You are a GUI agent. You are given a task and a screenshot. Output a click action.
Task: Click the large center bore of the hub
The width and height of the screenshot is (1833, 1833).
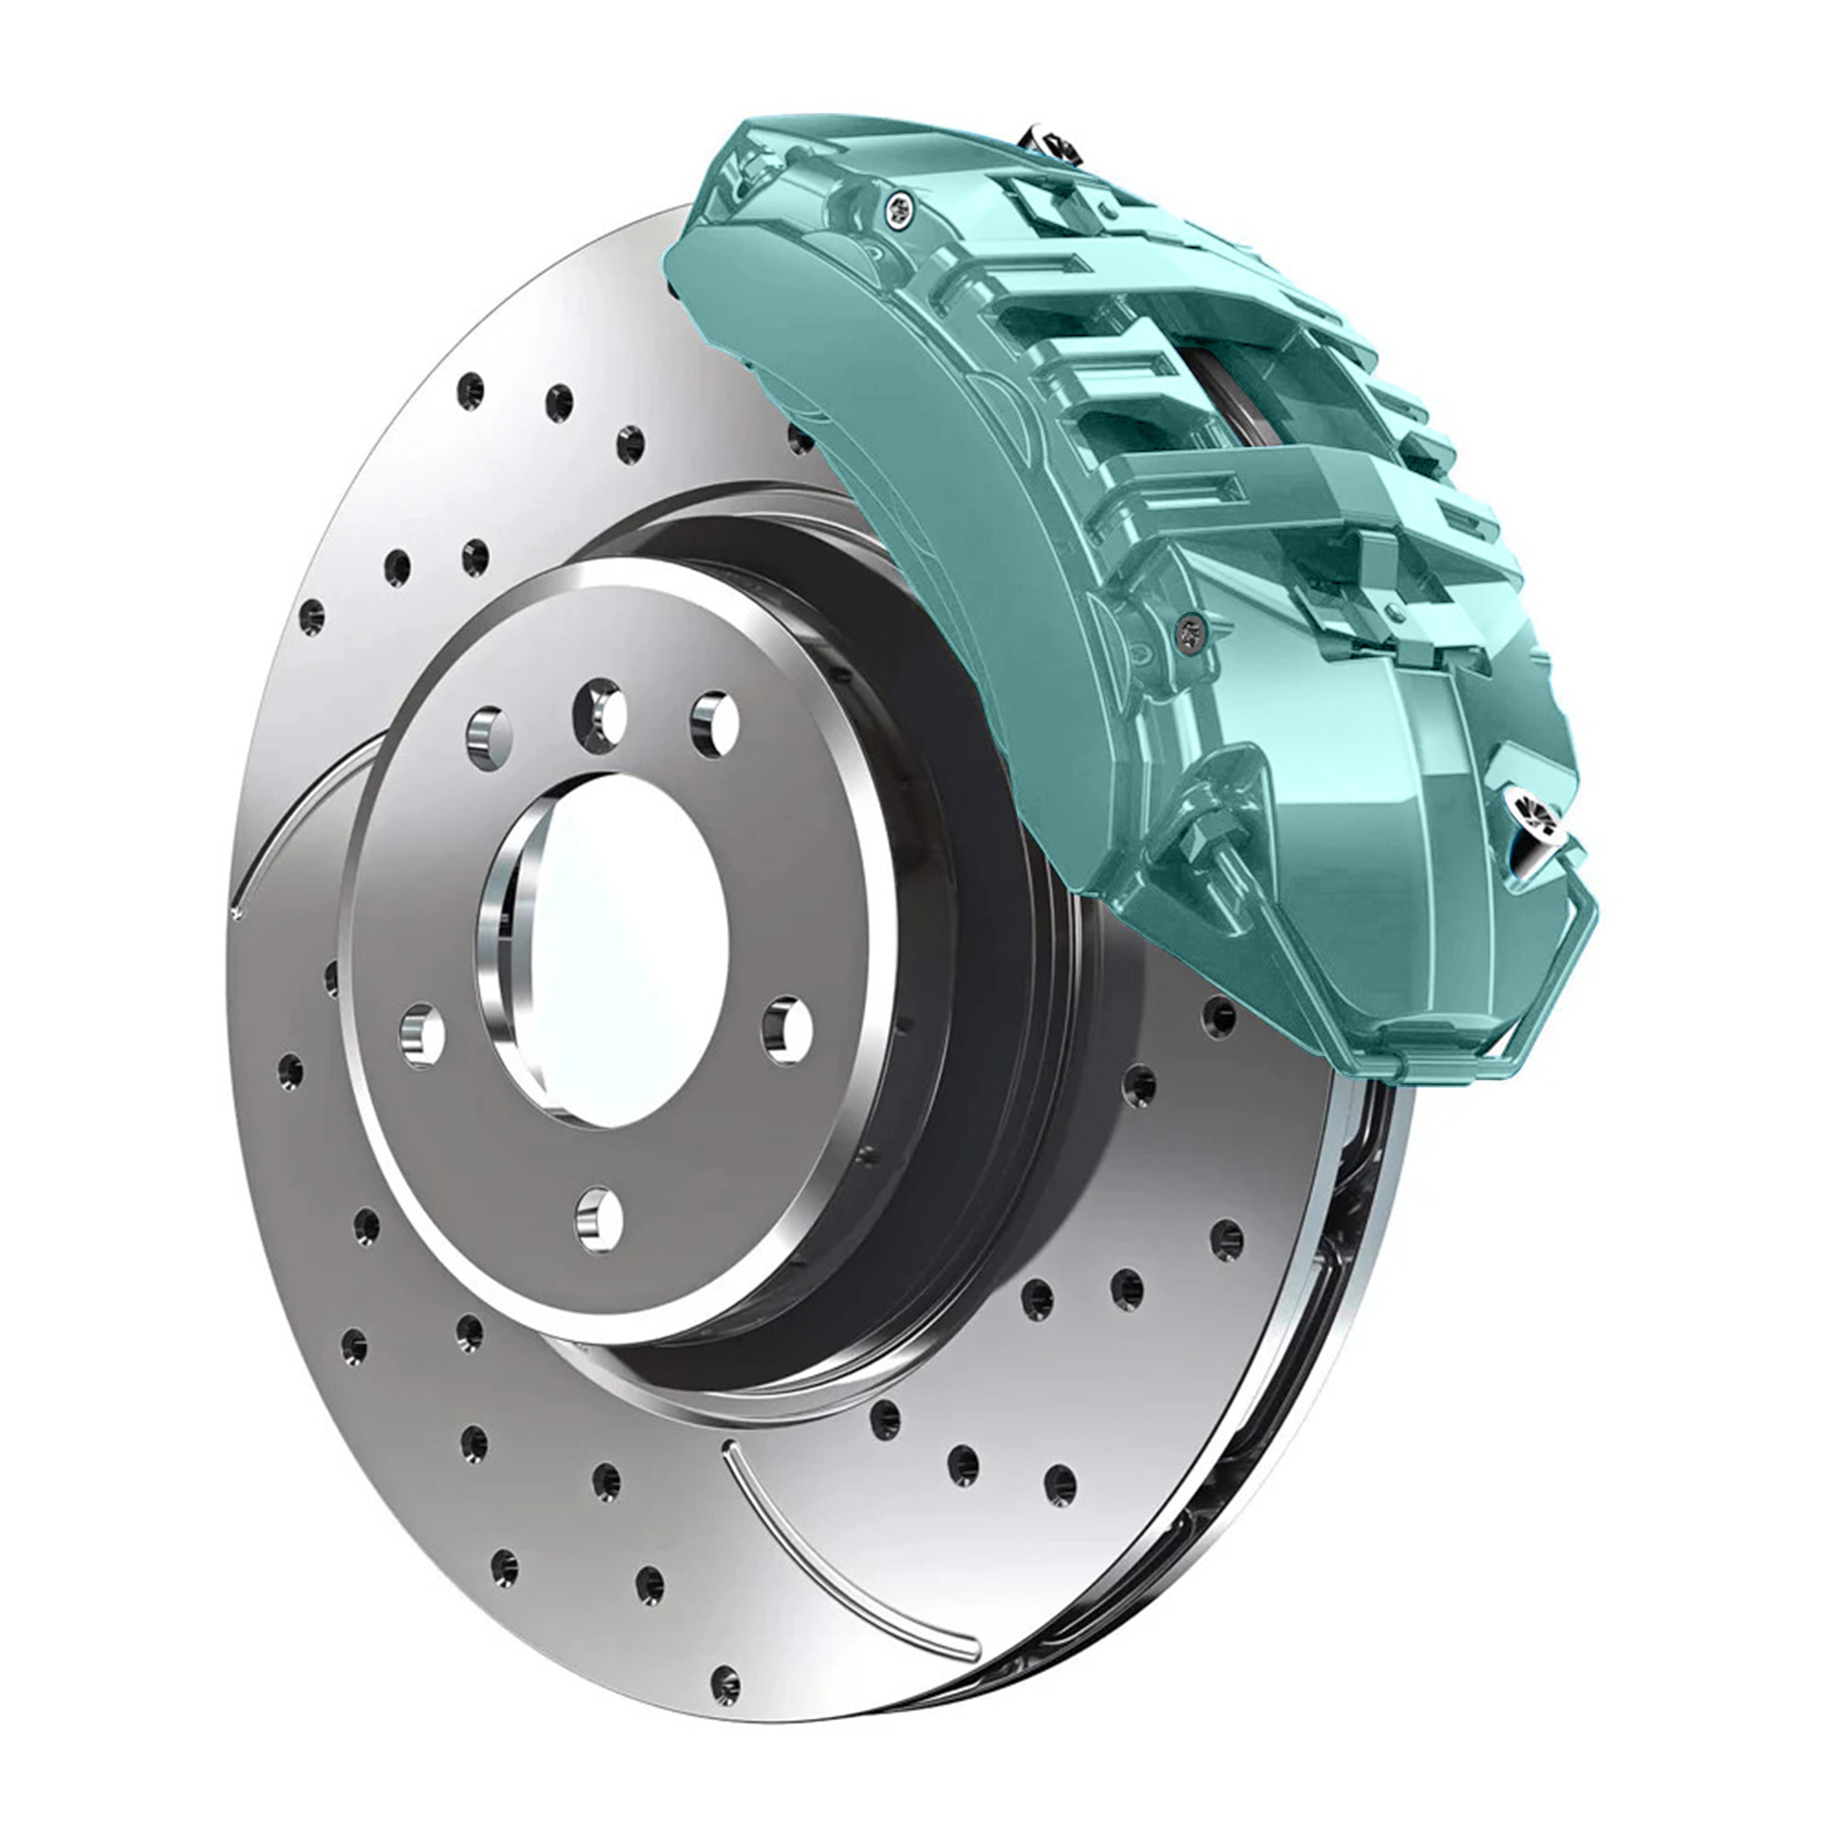(607, 954)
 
